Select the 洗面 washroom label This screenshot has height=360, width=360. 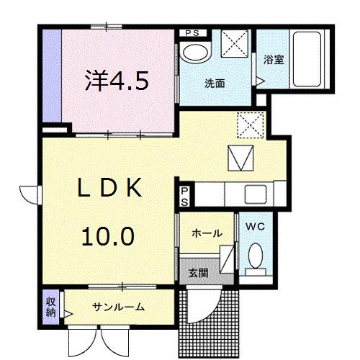[x=214, y=83]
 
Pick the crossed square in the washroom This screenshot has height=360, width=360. [x=233, y=43]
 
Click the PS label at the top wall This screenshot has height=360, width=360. [x=193, y=32]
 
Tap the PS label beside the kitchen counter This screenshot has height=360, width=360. [x=184, y=196]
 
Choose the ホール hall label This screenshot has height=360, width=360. [x=207, y=233]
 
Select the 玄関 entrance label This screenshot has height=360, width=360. [x=199, y=274]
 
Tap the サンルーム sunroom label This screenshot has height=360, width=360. [x=118, y=307]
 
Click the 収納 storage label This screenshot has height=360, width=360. [x=51, y=307]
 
